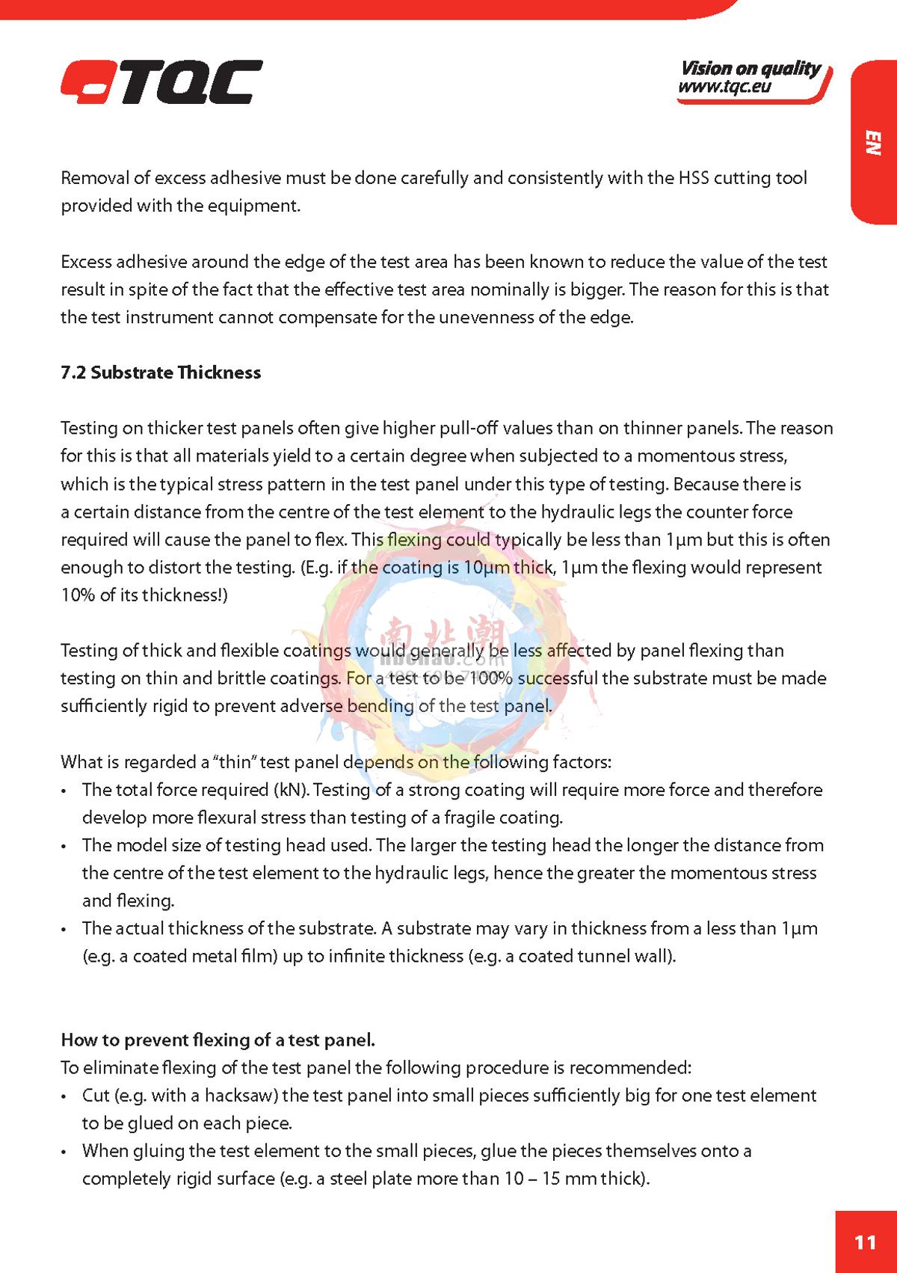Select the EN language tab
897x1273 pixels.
coord(872,143)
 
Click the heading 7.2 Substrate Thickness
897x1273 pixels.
coord(161,372)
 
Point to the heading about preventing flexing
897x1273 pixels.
coord(218,1040)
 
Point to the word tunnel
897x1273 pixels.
coord(584,956)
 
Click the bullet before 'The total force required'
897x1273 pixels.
coord(66,791)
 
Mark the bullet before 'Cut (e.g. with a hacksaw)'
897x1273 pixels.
coord(66,1096)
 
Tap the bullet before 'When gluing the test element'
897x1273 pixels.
coord(66,1152)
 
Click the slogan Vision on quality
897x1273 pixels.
coord(750,69)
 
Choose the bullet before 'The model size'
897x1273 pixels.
coord(66,846)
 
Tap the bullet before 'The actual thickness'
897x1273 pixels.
coord(66,929)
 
